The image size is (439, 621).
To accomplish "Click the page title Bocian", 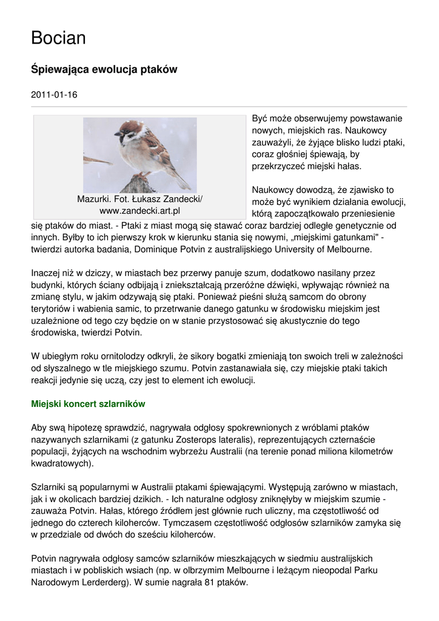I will (x=58, y=38).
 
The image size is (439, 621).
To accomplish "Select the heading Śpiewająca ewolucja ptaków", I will (x=104, y=69).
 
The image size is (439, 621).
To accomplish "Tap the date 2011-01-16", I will (x=54, y=95).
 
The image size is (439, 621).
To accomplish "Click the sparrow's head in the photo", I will (x=130, y=130).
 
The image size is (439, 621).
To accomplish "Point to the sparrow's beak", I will (x=116, y=134).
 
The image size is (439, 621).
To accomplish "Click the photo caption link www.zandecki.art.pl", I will (x=139, y=211).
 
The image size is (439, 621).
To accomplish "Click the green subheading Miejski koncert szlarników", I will (x=88, y=403).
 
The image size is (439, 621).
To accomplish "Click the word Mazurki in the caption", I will (x=94, y=199).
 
